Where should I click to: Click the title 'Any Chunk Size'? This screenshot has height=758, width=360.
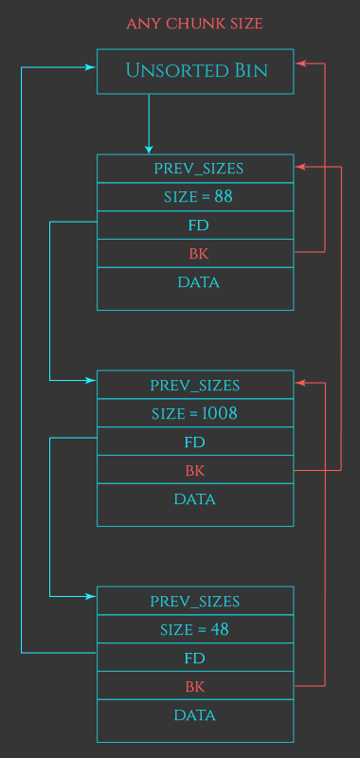coord(194,23)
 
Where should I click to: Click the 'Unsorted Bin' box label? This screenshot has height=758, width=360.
coord(196,71)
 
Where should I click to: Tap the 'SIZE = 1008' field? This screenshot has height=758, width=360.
coord(194,414)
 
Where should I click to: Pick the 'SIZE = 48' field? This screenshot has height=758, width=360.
coord(194,629)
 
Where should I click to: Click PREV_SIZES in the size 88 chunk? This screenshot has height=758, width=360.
coord(198,169)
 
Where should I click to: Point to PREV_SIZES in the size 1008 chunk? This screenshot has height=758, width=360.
coord(194,386)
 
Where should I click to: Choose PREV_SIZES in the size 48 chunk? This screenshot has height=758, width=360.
coord(194,601)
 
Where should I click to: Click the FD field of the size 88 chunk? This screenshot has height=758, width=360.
coord(198,226)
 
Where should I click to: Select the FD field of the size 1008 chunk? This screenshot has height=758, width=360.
coord(194,442)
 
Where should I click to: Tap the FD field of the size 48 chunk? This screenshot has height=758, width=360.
coord(194,658)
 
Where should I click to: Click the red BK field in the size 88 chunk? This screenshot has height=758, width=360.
coord(198,254)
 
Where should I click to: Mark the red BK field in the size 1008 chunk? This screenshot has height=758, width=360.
coord(194,471)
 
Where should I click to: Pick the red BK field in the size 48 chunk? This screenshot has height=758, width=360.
coord(194,686)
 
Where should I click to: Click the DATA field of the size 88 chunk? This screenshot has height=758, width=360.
coord(198,282)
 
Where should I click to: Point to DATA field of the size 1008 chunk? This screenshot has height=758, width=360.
coord(194,499)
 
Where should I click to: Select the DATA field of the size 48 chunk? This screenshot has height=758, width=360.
coord(194,715)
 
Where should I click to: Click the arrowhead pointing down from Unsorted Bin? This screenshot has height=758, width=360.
coord(149,149)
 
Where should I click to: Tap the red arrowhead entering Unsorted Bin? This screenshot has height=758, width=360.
coord(299,63)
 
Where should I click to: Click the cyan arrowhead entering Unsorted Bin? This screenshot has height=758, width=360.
coord(92,67)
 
